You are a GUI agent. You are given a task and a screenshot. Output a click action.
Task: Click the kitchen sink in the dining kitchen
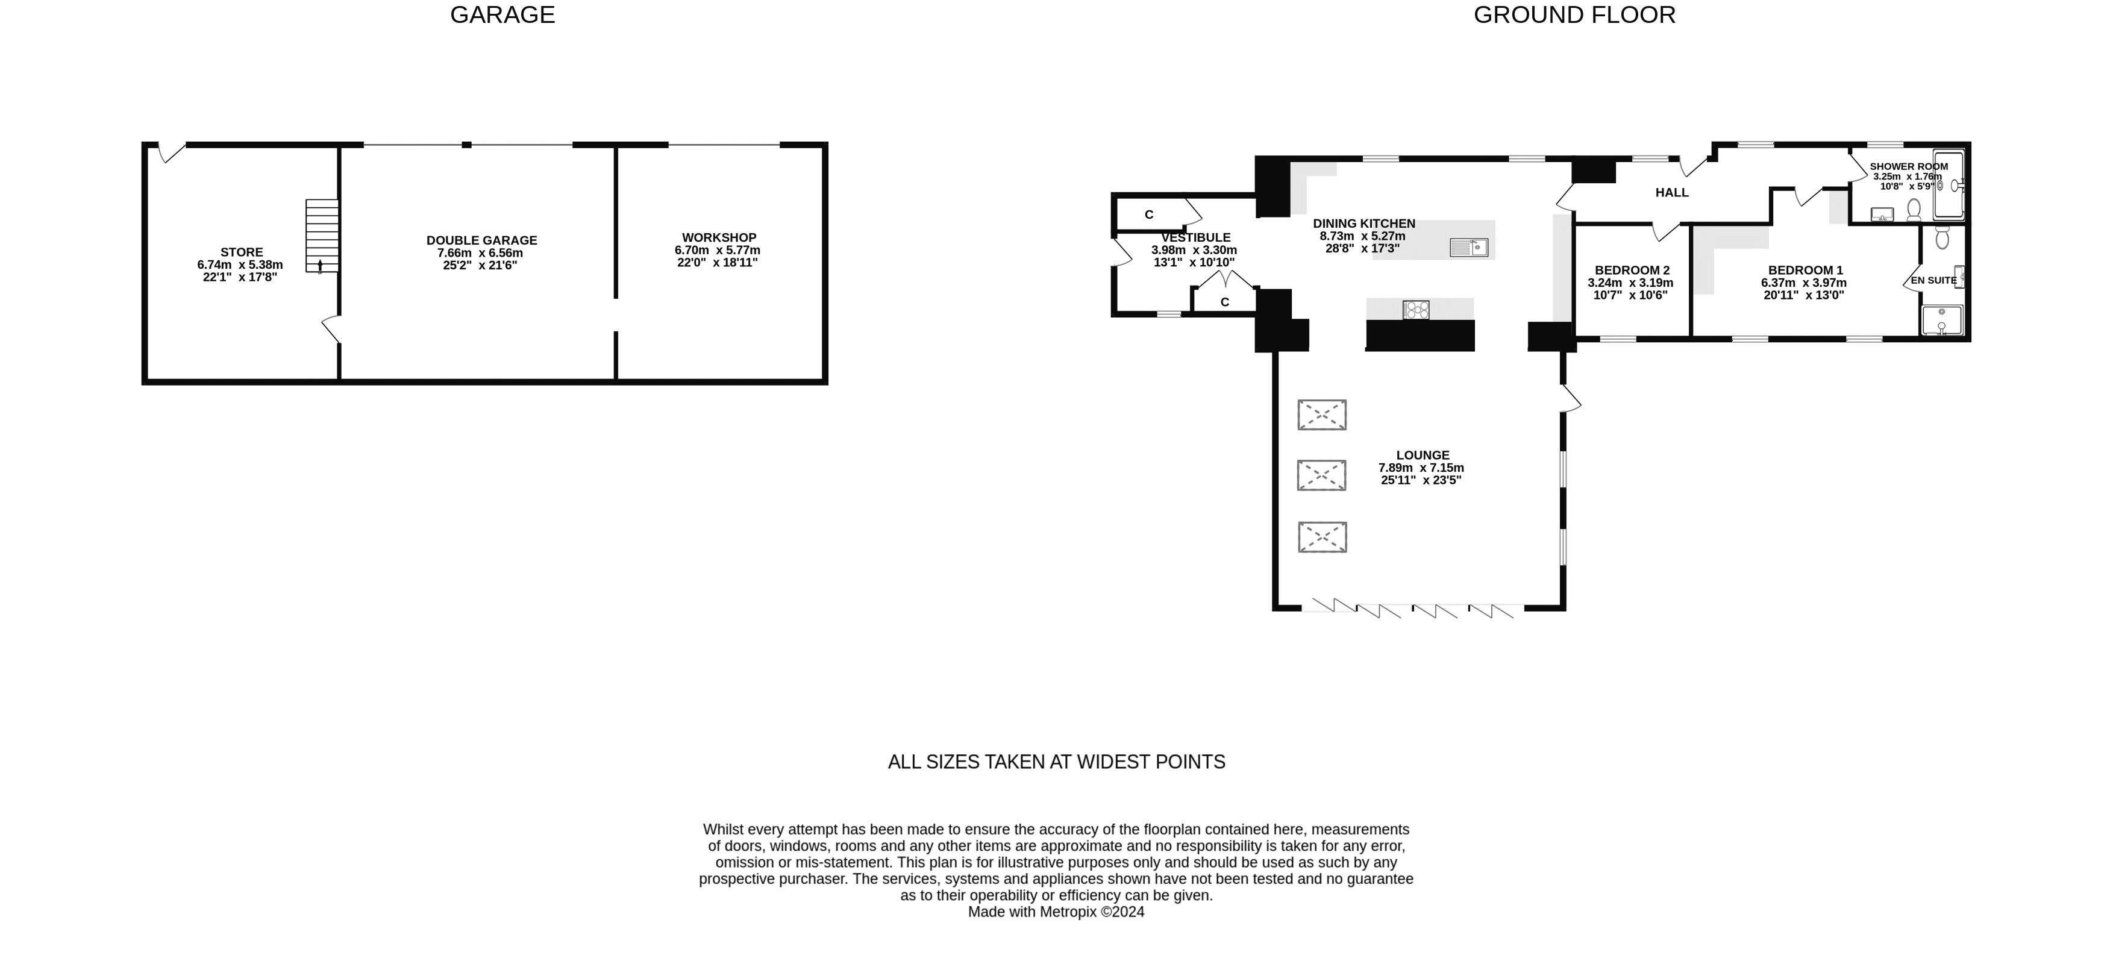(1468, 247)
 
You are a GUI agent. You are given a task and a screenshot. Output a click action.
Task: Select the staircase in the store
(322, 236)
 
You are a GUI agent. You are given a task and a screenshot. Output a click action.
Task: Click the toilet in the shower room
(1914, 210)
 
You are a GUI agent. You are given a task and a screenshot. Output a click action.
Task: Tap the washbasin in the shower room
(1882, 215)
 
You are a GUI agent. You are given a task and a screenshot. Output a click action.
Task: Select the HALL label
(1672, 193)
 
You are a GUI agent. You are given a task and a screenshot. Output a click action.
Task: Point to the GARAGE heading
(503, 15)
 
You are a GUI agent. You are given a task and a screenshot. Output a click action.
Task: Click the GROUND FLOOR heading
(1574, 15)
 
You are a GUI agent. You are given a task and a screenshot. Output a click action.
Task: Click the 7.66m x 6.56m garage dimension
(481, 252)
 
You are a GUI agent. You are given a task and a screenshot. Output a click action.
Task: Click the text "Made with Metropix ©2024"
(1056, 911)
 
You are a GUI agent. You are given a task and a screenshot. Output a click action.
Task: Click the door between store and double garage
(331, 329)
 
